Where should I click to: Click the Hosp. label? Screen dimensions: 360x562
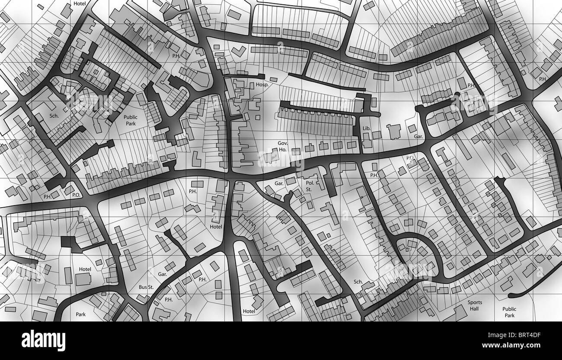pos(262,85)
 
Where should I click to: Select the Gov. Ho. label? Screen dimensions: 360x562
pos(282,146)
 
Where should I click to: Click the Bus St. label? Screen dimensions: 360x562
pos(146,287)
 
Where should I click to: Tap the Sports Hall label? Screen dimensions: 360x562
pos(474,305)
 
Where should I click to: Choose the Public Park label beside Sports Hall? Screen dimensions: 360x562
pos(509,312)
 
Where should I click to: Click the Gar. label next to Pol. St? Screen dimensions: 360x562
pos(279,183)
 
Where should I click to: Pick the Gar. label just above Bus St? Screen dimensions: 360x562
pos(163,274)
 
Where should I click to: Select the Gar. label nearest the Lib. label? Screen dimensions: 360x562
pos(418,136)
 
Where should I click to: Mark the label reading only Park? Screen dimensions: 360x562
pos(81,315)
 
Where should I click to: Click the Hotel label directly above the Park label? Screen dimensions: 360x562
pos(85,269)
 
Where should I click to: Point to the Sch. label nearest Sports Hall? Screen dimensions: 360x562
pos(358,282)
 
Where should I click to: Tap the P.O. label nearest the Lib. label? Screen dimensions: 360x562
pos(410,157)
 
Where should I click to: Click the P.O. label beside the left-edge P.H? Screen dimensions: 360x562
pos(77,195)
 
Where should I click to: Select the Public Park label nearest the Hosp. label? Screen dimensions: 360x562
pos(131,120)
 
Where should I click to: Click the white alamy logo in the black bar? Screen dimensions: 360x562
pos(43,341)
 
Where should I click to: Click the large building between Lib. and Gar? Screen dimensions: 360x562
pos(394,131)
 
